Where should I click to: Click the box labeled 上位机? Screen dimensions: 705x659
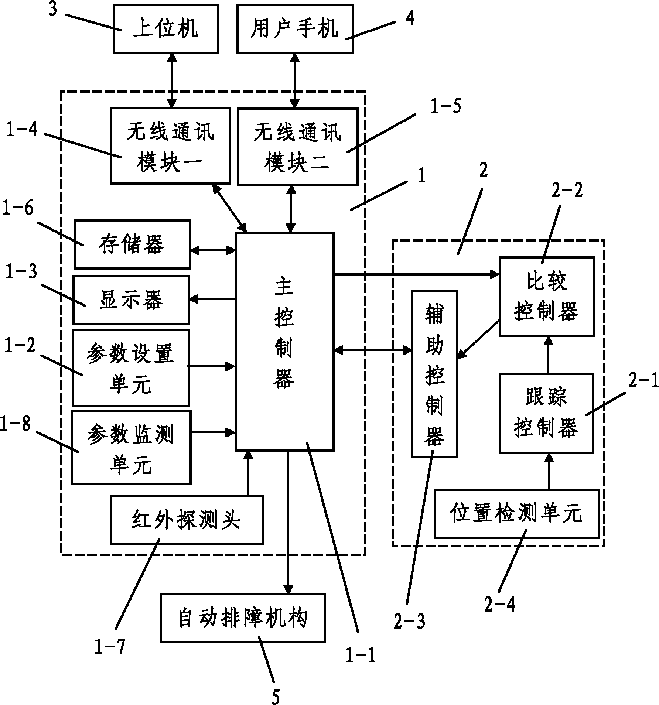(165, 28)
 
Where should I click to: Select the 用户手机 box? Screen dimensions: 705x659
(295, 28)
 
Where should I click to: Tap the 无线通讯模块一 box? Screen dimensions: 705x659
(170, 146)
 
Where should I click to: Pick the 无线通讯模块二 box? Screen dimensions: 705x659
(297, 146)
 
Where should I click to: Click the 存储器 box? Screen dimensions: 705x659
(132, 244)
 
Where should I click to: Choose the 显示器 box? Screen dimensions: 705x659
(131, 300)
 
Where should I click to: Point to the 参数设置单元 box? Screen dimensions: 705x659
(131, 368)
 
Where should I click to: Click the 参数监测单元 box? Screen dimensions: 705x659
(131, 447)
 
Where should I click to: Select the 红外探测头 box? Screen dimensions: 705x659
(187, 520)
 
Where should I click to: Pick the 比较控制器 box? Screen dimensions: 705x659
(546, 296)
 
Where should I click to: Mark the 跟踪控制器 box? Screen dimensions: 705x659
(546, 413)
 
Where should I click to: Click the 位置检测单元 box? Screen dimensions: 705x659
(516, 513)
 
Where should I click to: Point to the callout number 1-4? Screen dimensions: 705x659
(22, 130)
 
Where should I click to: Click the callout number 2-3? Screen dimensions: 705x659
(409, 622)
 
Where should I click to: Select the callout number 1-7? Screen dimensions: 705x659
(110, 646)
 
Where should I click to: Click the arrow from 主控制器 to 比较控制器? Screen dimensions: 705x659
(414, 274)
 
